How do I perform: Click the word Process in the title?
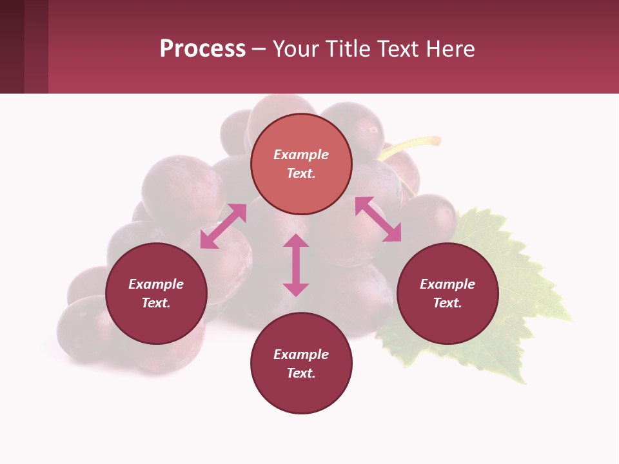[202, 49]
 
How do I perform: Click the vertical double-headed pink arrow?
[296, 265]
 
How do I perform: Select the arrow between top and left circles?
[223, 226]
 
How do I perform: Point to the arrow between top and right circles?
[378, 219]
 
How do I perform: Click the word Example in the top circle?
[301, 155]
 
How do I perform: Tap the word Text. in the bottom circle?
[301, 373]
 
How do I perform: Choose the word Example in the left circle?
[156, 284]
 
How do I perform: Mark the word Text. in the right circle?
[447, 303]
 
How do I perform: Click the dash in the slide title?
[259, 49]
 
